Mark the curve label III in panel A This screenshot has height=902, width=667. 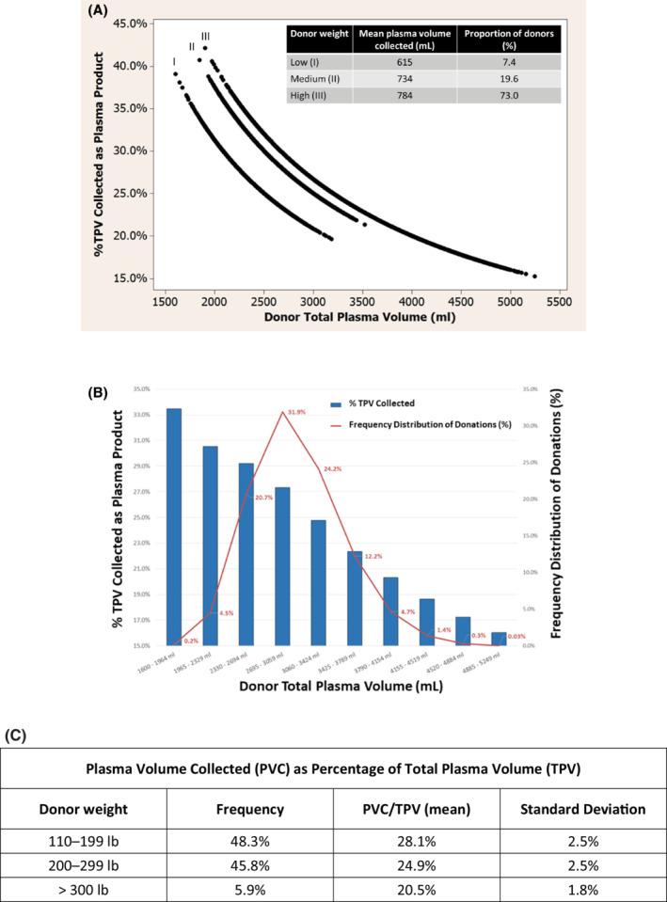pos(205,37)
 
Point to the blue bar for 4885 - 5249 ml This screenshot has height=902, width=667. pos(499,639)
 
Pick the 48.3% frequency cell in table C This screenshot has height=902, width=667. pos(249,841)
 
